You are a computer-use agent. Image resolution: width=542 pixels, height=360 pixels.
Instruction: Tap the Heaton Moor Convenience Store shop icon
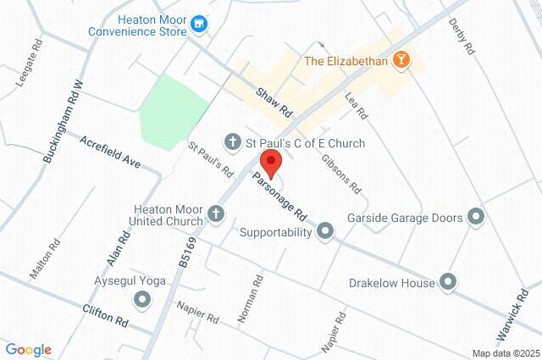click(200, 25)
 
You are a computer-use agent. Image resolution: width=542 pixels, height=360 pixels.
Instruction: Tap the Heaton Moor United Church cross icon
click(216, 213)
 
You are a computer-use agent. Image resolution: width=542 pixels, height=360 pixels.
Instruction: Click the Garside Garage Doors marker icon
click(477, 218)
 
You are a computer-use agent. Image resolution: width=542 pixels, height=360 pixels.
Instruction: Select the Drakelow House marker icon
click(448, 282)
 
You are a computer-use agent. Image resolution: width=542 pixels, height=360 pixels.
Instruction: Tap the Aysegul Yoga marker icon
click(142, 298)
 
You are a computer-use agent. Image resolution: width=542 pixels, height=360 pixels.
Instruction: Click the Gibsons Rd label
click(341, 172)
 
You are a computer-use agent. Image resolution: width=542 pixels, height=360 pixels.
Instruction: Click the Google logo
click(28, 350)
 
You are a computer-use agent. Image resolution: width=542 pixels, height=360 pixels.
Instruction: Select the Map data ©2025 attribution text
click(506, 353)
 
